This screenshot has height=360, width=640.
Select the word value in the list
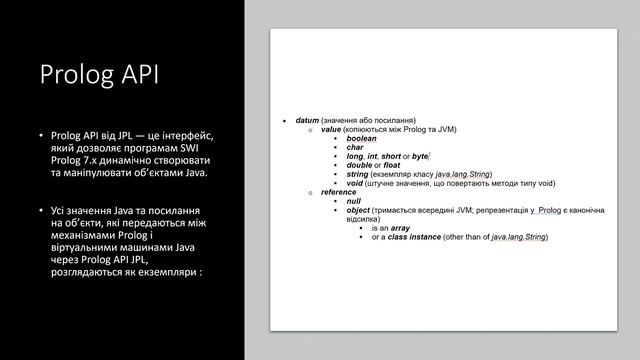pos(331,129)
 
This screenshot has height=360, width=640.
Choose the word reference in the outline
pos(339,192)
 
